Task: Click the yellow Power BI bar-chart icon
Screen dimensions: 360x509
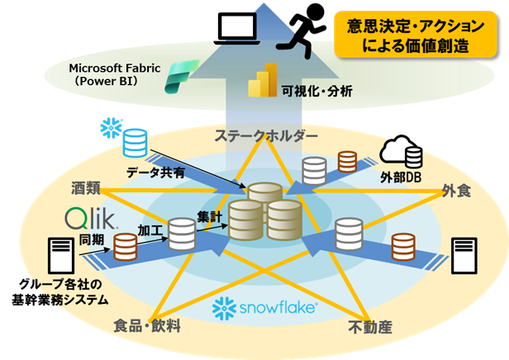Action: click(x=262, y=81)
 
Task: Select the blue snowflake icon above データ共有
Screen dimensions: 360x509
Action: click(x=107, y=128)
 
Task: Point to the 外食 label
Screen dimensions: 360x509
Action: click(x=456, y=192)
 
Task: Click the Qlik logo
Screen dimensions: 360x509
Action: click(x=88, y=220)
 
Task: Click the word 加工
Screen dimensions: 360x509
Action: click(x=152, y=229)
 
